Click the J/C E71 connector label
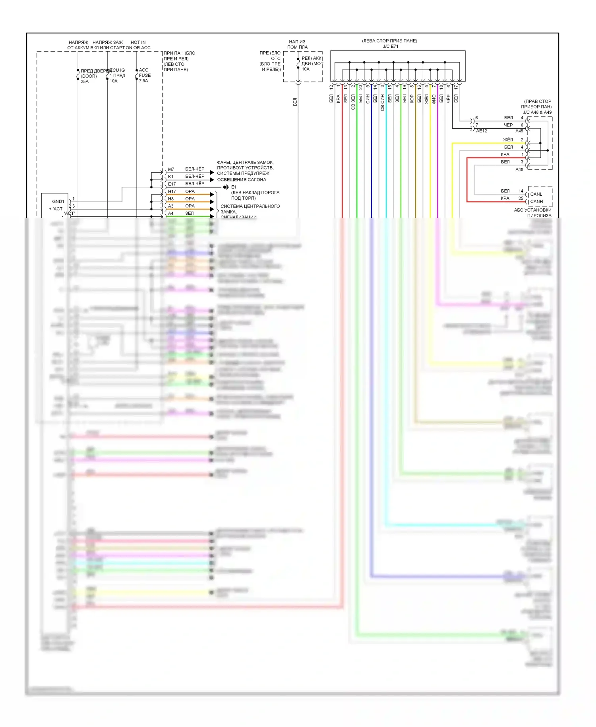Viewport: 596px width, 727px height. pos(390,47)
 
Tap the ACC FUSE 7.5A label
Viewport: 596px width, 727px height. pos(145,75)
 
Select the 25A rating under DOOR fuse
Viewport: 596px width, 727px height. pos(85,82)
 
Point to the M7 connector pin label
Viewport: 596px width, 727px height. pos(171,169)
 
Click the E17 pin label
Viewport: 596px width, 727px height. pos(172,184)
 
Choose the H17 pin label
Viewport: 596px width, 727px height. pos(172,192)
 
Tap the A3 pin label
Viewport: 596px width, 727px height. pos(170,206)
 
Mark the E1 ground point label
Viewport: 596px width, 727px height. pos(234,187)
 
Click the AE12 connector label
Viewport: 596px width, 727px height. pos(482,131)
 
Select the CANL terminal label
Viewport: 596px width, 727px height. pos(536,194)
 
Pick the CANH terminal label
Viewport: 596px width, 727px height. pos(536,202)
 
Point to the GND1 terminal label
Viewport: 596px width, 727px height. pos(58,202)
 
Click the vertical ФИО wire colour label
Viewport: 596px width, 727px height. pos(434,99)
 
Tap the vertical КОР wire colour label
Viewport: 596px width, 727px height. pos(412,99)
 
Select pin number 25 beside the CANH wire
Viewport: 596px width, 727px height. pos(521,198)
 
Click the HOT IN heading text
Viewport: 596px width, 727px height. pos(138,42)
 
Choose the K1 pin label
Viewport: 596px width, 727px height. pos(170,177)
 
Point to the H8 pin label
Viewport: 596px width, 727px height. pos(170,199)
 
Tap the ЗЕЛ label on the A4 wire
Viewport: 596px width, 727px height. pos(190,214)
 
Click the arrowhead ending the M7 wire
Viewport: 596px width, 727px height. pos(212,172)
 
